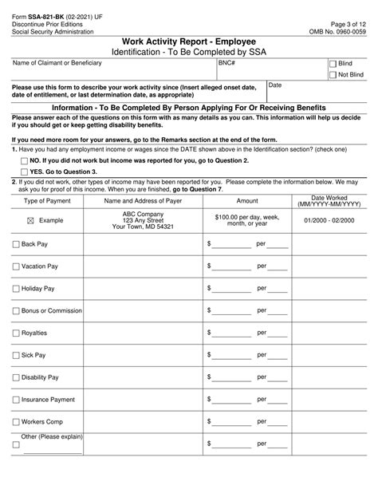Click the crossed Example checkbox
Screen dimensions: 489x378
coord(30,219)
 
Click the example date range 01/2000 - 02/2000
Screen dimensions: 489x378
coord(329,219)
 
